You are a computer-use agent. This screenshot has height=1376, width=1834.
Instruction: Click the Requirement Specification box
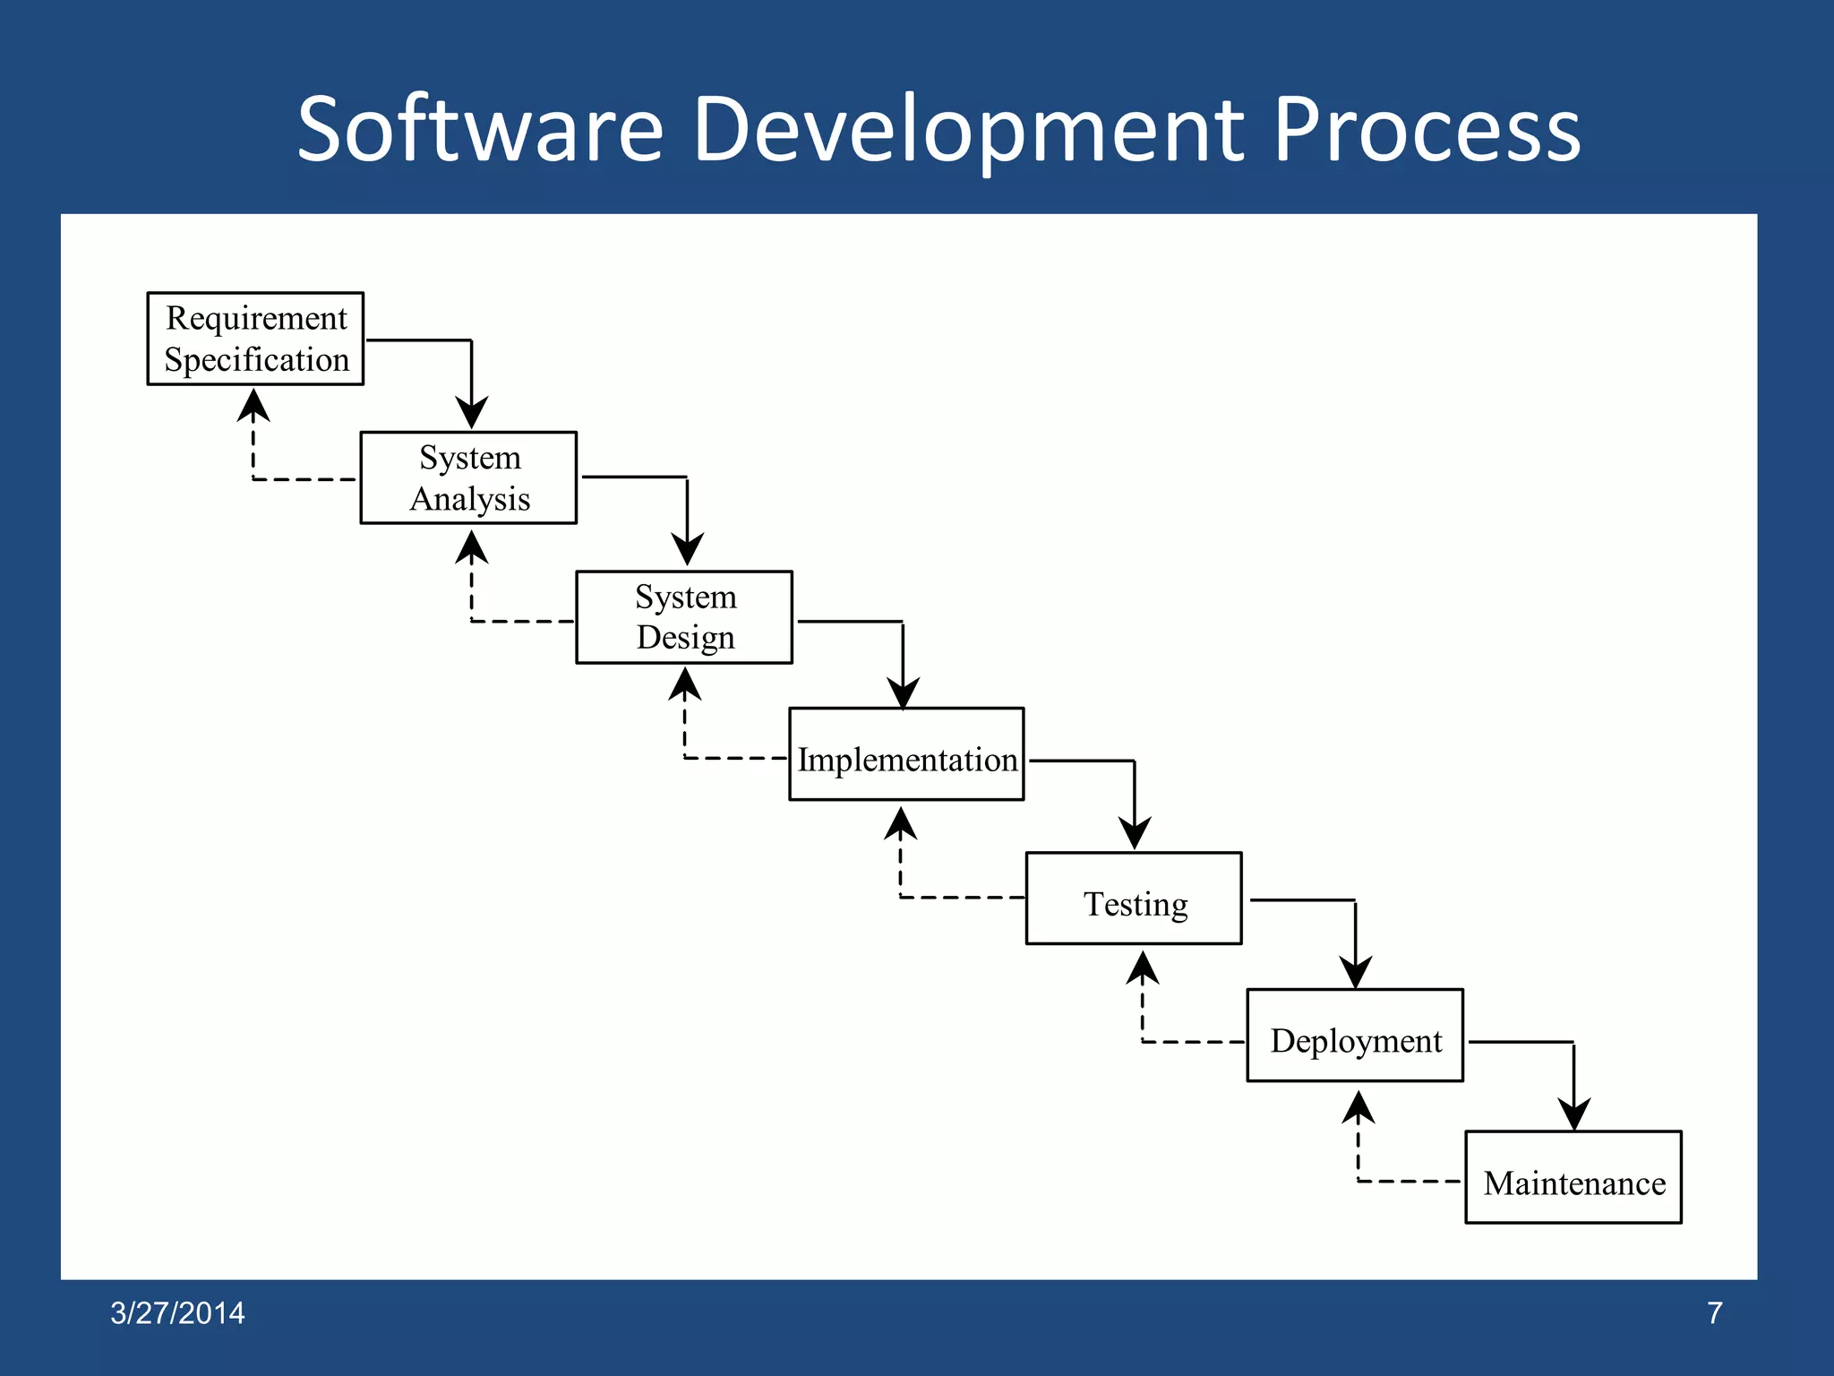255,339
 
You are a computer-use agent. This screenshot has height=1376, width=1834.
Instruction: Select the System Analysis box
468,477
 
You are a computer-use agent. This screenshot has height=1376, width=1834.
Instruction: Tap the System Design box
684,617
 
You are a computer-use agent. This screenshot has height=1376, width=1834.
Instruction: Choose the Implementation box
906,754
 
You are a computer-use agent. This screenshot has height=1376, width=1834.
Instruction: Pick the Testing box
1134,899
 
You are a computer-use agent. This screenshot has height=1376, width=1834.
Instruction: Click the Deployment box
1355,1036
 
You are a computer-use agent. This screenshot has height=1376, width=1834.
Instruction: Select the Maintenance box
1573,1177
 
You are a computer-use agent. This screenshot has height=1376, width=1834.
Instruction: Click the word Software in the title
479,130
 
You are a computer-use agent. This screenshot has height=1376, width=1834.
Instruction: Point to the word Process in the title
1427,130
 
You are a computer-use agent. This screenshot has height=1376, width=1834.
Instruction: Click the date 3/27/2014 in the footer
177,1313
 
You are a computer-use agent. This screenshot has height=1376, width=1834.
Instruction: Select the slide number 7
1714,1313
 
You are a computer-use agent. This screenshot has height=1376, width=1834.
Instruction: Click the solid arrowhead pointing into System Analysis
472,413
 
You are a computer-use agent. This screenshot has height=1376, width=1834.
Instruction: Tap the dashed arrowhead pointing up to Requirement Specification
253,406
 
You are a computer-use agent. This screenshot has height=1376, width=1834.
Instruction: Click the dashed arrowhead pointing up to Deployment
1358,1108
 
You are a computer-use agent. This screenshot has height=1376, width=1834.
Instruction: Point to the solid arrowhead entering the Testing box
1135,833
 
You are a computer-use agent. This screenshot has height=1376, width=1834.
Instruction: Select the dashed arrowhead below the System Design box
685,684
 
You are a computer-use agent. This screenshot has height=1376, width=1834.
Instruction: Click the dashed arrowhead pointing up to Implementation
901,824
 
